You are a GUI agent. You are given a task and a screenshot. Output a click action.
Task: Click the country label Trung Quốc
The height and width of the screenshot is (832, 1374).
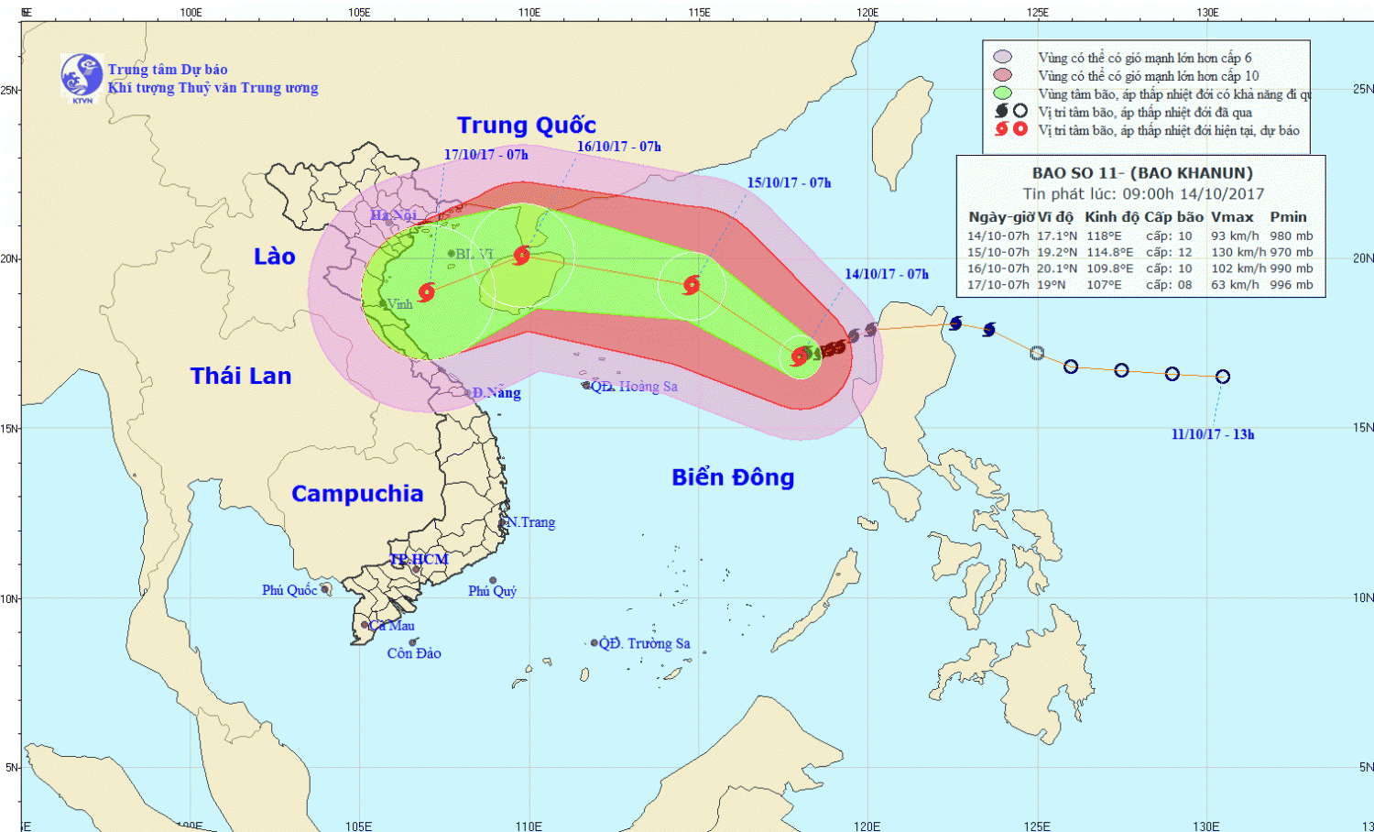[526, 126]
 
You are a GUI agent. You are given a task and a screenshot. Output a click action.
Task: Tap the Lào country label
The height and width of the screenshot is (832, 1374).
[274, 257]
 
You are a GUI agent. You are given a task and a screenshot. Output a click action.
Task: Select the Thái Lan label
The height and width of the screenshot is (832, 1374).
[240, 376]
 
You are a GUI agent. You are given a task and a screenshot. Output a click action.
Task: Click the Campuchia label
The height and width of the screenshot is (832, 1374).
[356, 494]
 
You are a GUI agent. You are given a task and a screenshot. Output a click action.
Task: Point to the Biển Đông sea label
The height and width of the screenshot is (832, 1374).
[732, 477]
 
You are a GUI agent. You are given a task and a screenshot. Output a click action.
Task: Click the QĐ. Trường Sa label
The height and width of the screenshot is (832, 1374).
[644, 643]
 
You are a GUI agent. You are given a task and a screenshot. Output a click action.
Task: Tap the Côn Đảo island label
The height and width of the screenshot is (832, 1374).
[414, 653]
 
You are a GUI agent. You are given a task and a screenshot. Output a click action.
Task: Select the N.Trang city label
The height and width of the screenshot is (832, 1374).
[531, 522]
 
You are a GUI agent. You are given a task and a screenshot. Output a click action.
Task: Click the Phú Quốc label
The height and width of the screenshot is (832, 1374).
[289, 590]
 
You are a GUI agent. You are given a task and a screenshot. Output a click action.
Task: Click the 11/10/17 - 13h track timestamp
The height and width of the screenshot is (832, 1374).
[1212, 434]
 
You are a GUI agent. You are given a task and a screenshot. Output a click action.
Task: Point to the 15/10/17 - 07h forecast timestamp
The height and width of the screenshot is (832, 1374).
[789, 182]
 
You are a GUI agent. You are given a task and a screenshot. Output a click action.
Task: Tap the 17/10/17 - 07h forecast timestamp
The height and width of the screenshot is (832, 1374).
[485, 155]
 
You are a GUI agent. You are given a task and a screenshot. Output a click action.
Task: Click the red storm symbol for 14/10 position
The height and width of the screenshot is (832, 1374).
[800, 356]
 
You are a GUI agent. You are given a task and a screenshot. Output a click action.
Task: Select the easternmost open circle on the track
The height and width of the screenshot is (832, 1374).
[1222, 377]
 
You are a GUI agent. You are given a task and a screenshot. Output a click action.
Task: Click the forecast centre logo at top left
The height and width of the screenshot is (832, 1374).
[82, 76]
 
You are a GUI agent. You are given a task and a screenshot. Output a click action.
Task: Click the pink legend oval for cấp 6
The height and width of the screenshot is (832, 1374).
[1002, 58]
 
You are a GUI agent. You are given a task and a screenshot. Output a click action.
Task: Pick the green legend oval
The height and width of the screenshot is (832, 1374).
[1002, 93]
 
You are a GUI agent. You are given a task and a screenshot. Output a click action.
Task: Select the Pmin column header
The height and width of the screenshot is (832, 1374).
[1288, 217]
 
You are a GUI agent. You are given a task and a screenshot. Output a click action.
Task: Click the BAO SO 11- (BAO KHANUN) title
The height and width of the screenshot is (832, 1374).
[1141, 173]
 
